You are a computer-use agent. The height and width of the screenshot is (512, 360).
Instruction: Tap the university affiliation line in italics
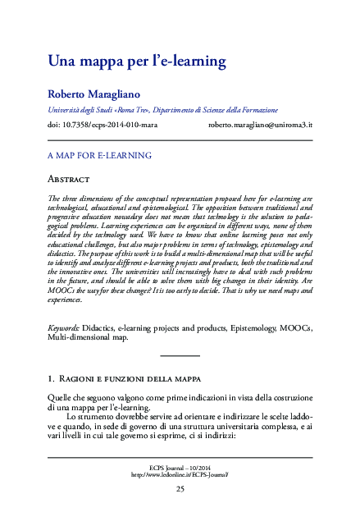click(x=162, y=109)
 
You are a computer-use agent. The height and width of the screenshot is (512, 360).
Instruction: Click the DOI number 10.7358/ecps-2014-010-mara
click(x=103, y=126)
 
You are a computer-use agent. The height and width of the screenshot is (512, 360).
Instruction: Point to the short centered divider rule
click(x=180, y=355)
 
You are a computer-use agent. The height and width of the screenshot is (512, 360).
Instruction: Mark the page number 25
click(x=180, y=489)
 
